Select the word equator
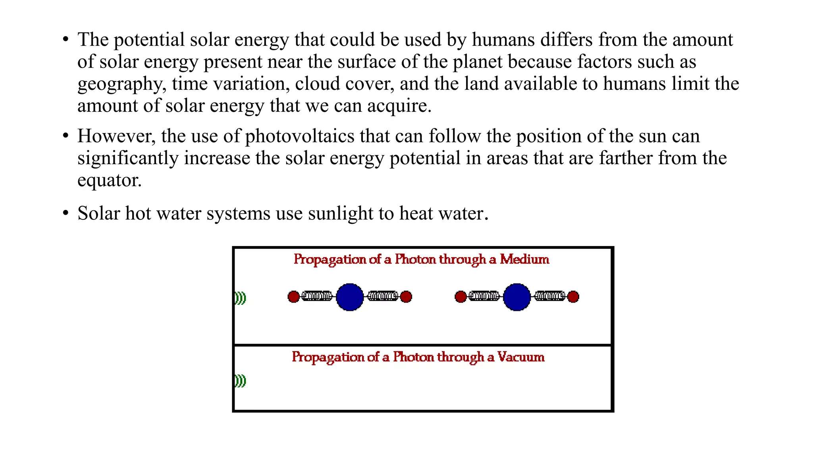(x=109, y=180)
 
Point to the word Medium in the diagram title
(x=524, y=259)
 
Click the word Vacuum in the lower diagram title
(x=521, y=357)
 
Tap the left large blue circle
(x=350, y=297)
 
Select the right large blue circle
(x=517, y=297)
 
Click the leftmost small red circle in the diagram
(x=293, y=297)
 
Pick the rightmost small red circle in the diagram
(x=573, y=297)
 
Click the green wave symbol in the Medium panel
(x=240, y=298)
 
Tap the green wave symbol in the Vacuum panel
(x=240, y=381)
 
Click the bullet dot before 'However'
(x=66, y=136)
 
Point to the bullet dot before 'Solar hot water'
(x=66, y=213)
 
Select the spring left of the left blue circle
(x=317, y=296)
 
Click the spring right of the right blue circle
(x=550, y=296)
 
